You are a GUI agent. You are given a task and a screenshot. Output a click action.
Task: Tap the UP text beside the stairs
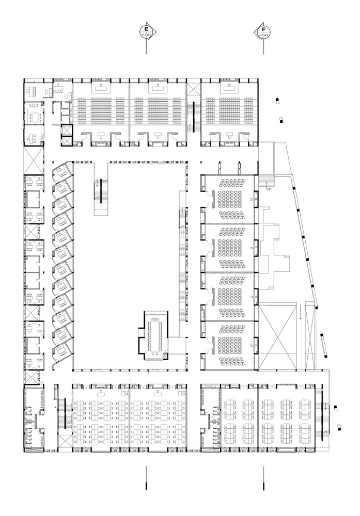pyautogui.click(x=269, y=189)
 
